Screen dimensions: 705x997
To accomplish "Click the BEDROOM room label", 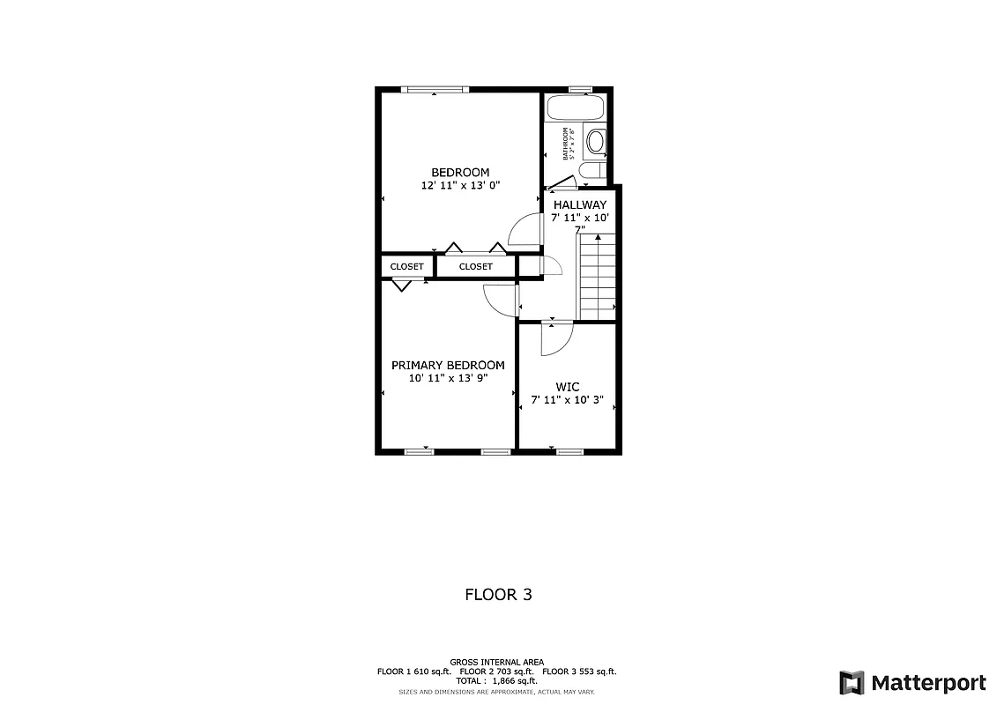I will coord(459,172).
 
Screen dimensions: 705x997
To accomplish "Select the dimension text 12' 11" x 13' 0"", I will coord(459,186).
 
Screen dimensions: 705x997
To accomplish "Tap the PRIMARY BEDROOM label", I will coord(448,365).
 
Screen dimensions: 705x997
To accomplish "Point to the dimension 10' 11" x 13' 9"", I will coord(448,378).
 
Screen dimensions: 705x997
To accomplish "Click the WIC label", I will coord(567,386).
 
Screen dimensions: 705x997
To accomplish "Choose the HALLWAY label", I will coord(579,204).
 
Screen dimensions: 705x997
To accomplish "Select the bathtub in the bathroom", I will coord(576,108).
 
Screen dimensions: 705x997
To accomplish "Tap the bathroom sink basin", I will coord(596,141).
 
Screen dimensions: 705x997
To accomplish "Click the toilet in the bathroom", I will coord(594,169).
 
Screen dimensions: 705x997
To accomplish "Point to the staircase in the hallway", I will coord(596,276).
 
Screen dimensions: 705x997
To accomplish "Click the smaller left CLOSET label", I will coord(406,266).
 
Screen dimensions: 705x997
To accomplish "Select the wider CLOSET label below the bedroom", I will coord(475,266).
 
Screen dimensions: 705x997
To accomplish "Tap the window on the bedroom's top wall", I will coord(434,89).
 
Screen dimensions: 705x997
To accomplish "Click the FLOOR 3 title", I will coord(498,595).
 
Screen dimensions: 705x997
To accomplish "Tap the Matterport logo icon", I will coord(851,683).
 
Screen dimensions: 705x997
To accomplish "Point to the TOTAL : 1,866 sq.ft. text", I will coord(497,680).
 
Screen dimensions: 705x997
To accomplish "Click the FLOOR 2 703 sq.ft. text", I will coord(497,672).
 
